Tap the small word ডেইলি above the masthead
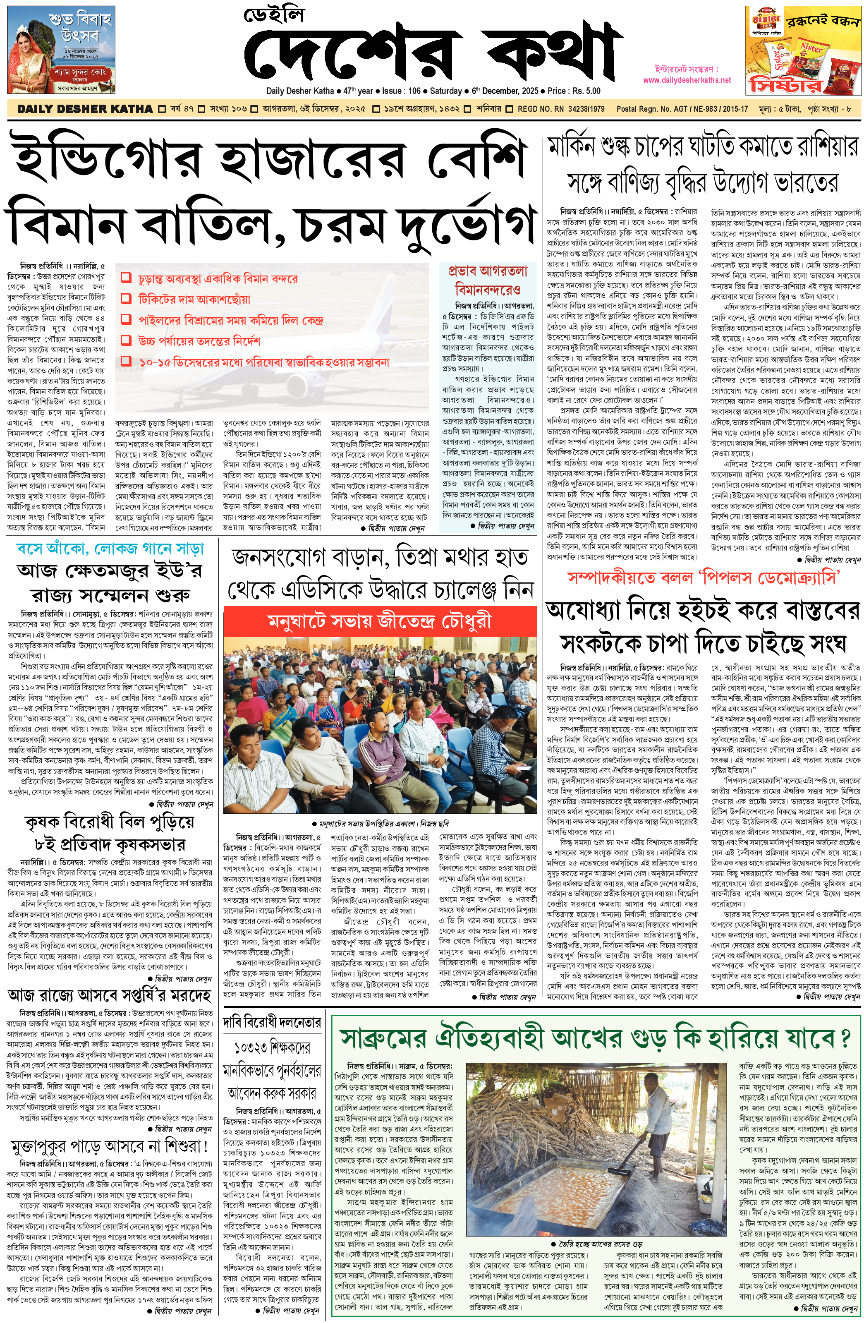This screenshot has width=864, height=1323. pos(274,15)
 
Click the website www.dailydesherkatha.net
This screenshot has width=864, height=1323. pos(687,80)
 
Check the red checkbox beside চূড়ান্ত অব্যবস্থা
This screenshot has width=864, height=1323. pos(126,278)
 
